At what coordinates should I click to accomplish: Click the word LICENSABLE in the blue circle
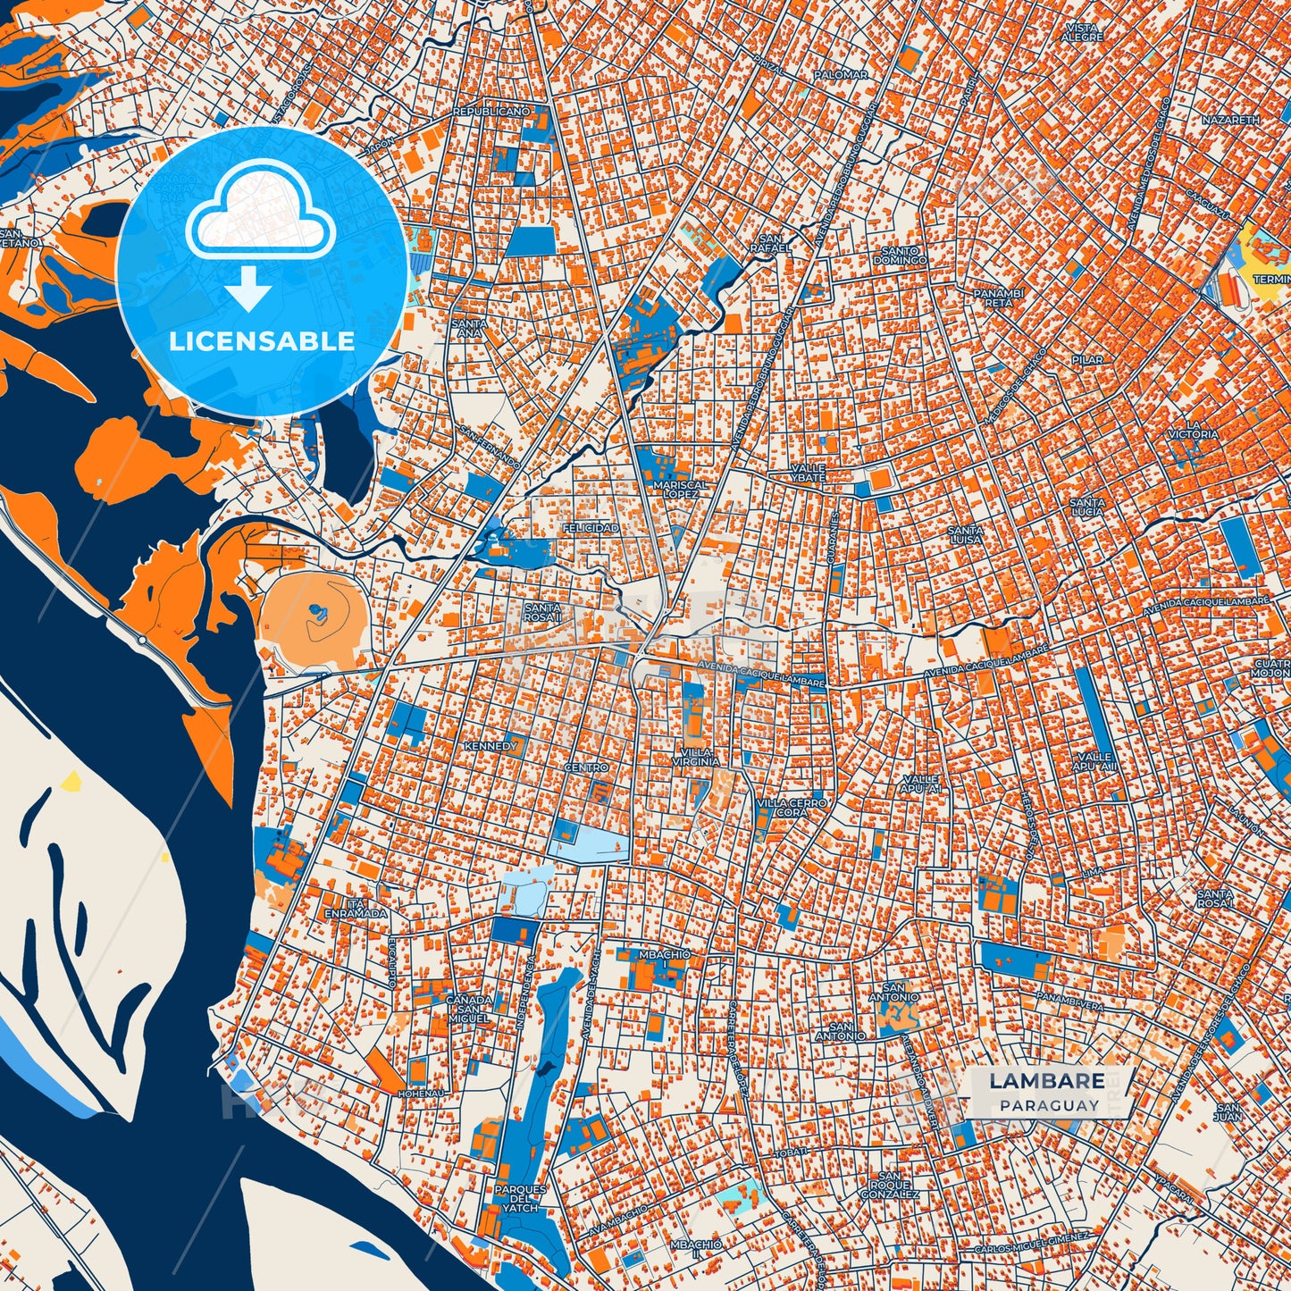262,341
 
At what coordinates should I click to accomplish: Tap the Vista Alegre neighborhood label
1083,32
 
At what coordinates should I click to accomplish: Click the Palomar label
840,75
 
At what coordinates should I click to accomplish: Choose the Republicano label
490,112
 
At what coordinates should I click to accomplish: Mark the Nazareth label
1230,119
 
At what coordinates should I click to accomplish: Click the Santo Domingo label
903,256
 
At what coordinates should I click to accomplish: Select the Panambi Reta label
998,298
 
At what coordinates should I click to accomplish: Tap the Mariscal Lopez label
681,489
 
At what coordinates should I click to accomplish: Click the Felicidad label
591,528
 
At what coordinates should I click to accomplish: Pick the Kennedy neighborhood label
490,745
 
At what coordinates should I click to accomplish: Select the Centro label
586,767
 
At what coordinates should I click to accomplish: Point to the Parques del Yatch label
520,1198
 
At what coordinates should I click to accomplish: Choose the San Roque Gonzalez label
889,1186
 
